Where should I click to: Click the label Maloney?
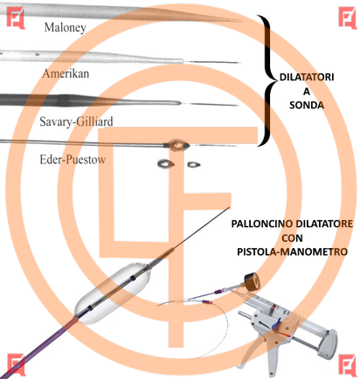66,28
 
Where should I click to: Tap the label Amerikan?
66,73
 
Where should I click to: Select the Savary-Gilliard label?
76,121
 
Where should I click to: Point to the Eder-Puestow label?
73,160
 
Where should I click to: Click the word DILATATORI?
307,77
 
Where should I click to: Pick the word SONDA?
307,105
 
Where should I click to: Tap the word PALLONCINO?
261,224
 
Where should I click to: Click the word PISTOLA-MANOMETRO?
292,252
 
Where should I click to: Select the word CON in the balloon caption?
292,238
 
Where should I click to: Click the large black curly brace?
268,80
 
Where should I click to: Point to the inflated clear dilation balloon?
113,293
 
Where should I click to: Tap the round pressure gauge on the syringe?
253,281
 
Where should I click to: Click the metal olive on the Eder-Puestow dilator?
177,145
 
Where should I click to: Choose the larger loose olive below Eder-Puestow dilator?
166,164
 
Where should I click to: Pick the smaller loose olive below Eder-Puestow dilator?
193,165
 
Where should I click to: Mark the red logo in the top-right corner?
348,17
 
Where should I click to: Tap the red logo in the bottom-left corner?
16,364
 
